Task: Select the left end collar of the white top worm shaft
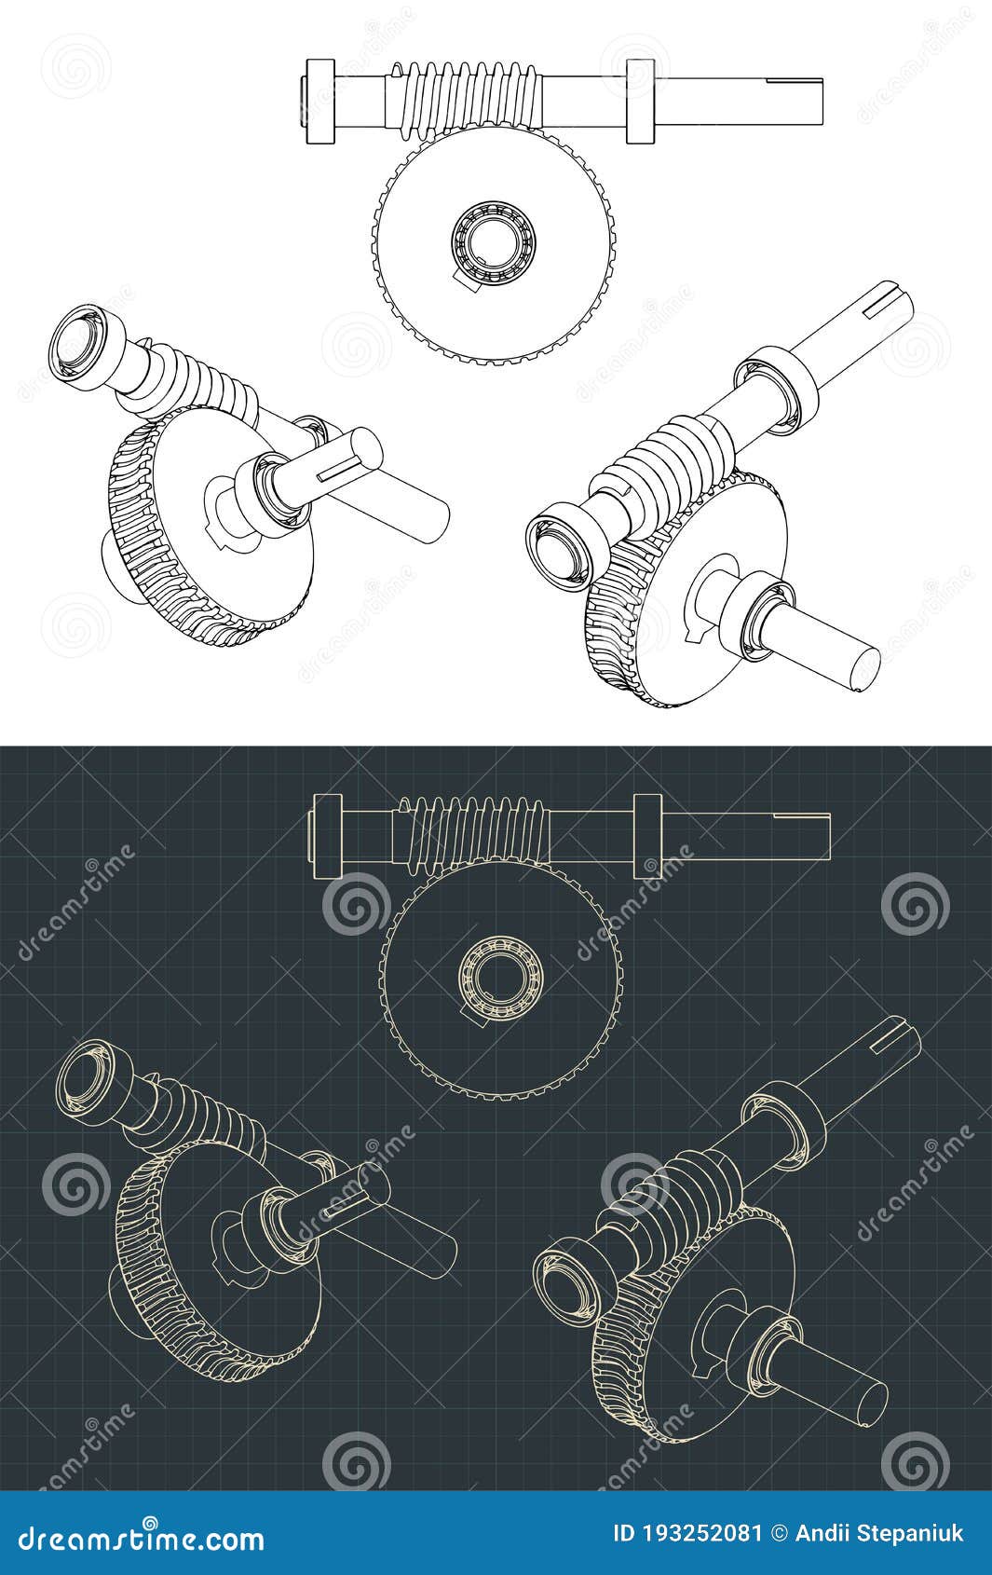[x=319, y=101]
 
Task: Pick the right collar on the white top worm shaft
[x=640, y=101]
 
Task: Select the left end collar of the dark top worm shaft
[x=329, y=834]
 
